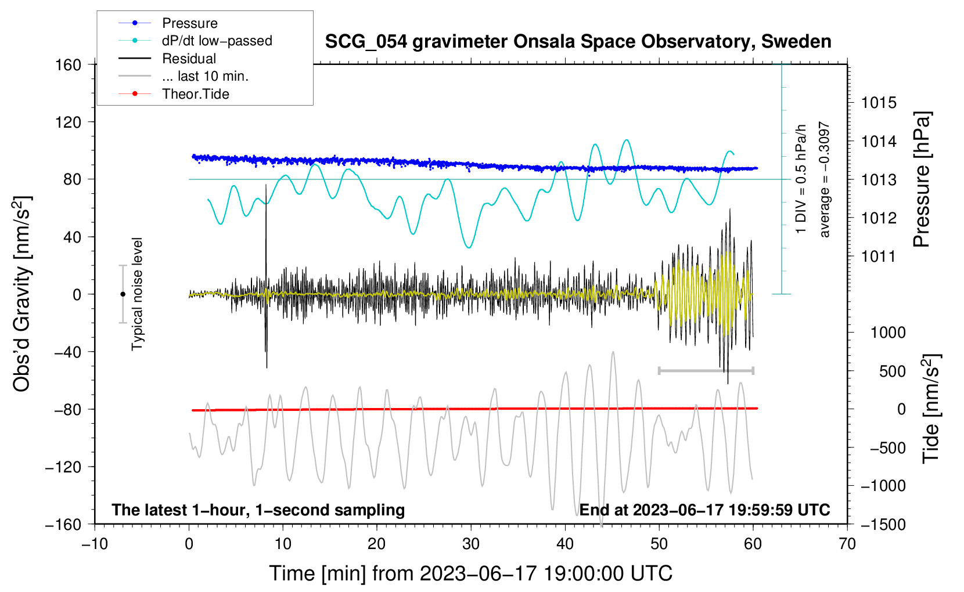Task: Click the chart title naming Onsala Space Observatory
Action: pos(578,42)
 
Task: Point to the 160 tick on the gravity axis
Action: pos(69,65)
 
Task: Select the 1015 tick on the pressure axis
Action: pos(879,103)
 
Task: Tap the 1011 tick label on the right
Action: pos(879,257)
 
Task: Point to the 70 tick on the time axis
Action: pos(847,544)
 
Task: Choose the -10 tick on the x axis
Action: pos(95,544)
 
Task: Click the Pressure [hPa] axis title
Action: pos(922,180)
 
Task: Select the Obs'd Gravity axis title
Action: pos(22,294)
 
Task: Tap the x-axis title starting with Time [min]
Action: pos(470,573)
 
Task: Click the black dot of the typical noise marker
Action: pos(123,294)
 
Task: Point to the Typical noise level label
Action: pos(137,294)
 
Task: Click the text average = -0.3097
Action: pos(824,180)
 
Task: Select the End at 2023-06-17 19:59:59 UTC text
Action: pos(704,510)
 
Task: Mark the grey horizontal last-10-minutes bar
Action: pos(706,370)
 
